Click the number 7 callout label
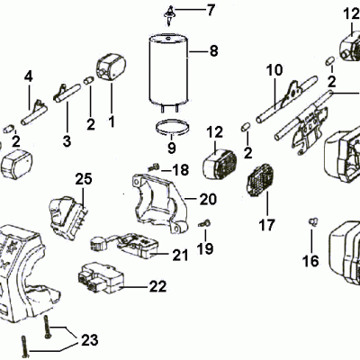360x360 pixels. point(211,11)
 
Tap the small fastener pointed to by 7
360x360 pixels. point(168,12)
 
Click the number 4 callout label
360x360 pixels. point(28,76)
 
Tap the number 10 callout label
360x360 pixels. point(274,69)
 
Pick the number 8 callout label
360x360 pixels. point(213,51)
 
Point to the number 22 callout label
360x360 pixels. point(157,288)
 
